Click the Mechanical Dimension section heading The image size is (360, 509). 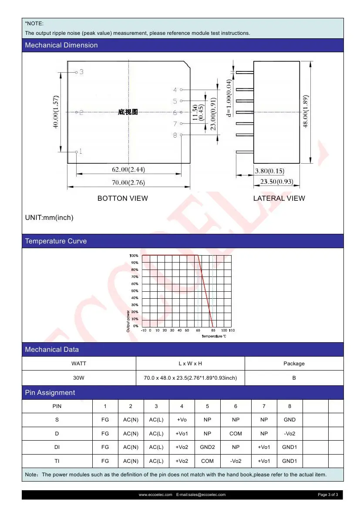pos(61,45)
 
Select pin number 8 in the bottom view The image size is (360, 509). pos(175,135)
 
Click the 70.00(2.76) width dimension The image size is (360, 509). pos(128,183)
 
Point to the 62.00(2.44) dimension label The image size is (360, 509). pos(128,169)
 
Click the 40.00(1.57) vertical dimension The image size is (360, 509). pos(56,112)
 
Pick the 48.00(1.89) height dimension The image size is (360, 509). pos(306,111)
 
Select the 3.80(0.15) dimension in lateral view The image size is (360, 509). pos(269,171)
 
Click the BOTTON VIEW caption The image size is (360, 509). pos(122,199)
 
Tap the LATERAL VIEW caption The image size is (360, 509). pos(279,199)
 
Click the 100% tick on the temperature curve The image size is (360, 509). pos(134,256)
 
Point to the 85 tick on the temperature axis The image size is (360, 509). pos(213,330)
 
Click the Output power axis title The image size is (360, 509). pos(128,321)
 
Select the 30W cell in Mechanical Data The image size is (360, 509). pos(79,378)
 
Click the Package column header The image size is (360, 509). pos(294,364)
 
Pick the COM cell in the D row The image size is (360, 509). pos(236,434)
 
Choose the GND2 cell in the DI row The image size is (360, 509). pos(207,447)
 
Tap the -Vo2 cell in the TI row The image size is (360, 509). pos(236,461)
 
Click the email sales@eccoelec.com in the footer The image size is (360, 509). pos(201,495)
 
